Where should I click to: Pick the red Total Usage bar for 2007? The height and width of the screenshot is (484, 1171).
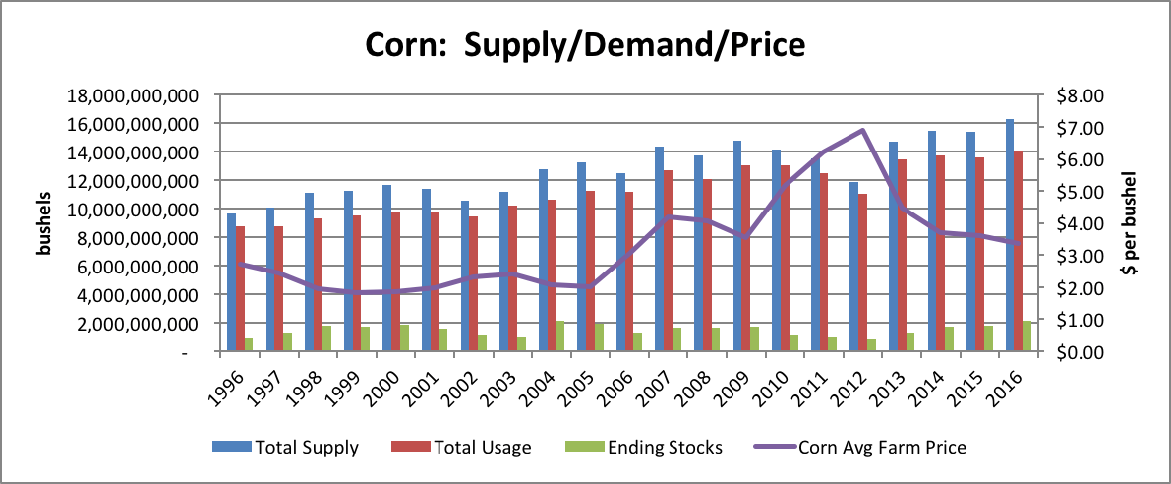668,261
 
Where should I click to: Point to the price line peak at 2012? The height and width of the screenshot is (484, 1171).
862,130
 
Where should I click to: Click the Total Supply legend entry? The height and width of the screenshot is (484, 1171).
285,447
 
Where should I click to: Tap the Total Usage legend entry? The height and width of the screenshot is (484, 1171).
463,447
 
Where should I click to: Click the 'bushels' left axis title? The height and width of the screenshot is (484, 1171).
44,225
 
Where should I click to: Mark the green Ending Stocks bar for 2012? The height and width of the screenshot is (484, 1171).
870,345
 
